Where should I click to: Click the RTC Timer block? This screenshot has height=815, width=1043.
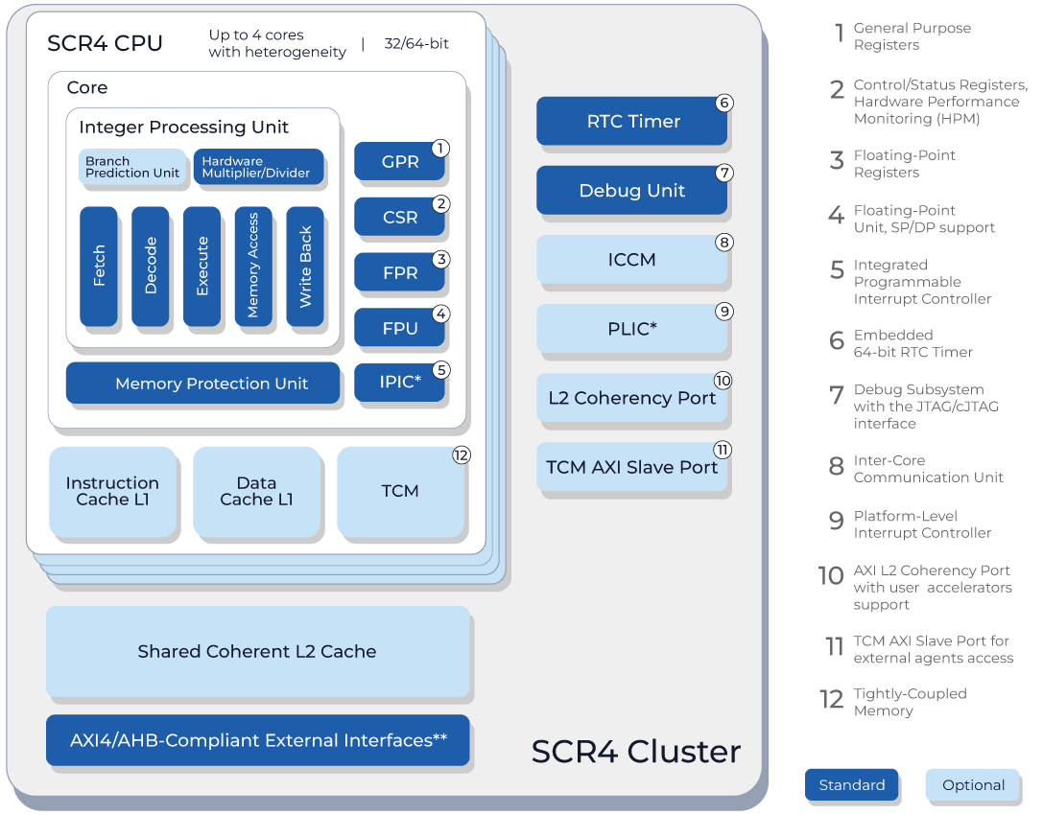tap(631, 121)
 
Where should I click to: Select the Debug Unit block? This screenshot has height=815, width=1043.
tap(631, 190)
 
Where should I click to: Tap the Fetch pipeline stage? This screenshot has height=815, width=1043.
tap(99, 266)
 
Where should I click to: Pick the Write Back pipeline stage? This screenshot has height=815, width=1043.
tap(305, 266)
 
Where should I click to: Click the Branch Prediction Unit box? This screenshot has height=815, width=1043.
tap(132, 167)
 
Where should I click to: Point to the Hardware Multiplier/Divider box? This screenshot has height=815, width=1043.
tap(259, 167)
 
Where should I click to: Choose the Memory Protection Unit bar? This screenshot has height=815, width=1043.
tap(202, 383)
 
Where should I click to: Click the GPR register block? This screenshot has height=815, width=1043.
tap(399, 161)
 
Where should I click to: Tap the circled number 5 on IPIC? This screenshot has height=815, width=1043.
tap(441, 370)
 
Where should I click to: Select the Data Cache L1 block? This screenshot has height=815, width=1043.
tap(257, 491)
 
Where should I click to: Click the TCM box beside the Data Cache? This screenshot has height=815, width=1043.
tap(400, 491)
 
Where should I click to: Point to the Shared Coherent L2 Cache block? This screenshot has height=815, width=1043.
tap(258, 651)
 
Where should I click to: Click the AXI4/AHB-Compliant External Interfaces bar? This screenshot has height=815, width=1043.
tap(258, 740)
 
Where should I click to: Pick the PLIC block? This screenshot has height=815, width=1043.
tap(631, 328)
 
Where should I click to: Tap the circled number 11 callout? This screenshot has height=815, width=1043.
tap(723, 450)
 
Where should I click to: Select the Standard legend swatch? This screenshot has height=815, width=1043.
tap(851, 785)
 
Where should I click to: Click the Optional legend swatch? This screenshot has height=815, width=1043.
tap(973, 785)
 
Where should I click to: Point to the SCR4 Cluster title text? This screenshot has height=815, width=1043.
tap(636, 752)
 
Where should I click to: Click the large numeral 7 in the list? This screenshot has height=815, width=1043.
tap(837, 395)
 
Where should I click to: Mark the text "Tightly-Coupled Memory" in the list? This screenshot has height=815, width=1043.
tap(910, 702)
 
